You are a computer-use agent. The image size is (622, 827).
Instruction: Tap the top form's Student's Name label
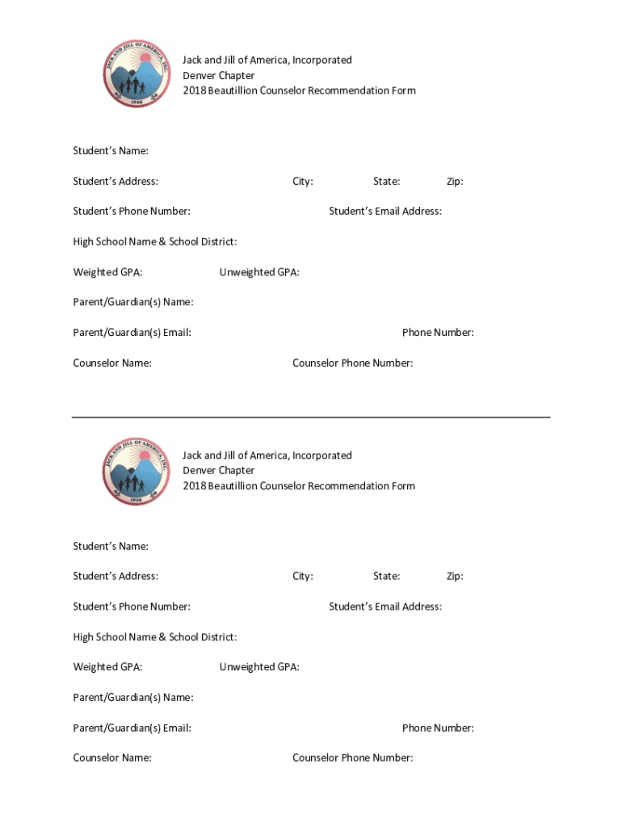111,151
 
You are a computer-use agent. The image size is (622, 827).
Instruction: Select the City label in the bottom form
303,576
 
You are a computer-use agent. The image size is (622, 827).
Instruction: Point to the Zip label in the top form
455,182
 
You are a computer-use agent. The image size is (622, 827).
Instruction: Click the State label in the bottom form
386,576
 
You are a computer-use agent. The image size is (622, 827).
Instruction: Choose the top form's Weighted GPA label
108,272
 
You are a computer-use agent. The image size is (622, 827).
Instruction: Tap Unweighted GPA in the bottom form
259,667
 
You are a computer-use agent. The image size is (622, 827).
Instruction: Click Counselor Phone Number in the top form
352,363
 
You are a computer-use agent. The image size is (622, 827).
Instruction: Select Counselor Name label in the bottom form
112,758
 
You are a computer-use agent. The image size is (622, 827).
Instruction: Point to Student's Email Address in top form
385,212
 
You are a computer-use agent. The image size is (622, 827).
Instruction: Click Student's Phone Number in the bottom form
132,607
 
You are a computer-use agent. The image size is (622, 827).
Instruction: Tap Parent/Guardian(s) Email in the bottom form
132,728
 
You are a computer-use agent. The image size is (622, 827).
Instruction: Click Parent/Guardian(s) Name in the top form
133,302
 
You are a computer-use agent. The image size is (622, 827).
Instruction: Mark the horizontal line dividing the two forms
311,417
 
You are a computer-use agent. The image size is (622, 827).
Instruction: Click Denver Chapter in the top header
218,75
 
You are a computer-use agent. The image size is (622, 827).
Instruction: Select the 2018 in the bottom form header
194,486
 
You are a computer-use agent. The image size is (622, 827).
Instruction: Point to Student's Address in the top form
116,182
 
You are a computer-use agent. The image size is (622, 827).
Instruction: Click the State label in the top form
386,182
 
